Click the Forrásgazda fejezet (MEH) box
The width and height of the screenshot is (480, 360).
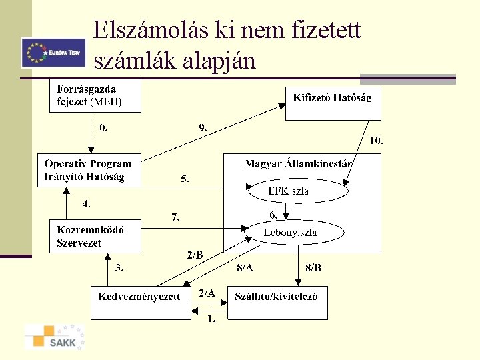pyautogui.click(x=95, y=95)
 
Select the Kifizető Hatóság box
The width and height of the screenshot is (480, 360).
pyautogui.click(x=333, y=103)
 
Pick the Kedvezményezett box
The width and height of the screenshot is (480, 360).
pyautogui.click(x=140, y=302)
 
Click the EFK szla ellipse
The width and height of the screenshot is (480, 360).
pyautogui.click(x=298, y=191)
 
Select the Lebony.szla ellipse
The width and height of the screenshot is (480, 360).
pyautogui.click(x=294, y=232)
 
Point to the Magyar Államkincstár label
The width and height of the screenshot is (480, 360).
pyautogui.click(x=299, y=163)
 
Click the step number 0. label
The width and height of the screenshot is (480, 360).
pyautogui.click(x=103, y=127)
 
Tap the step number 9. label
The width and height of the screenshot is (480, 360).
pyautogui.click(x=203, y=127)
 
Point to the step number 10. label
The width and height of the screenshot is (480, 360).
pyautogui.click(x=377, y=141)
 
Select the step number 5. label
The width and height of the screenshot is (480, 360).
pyautogui.click(x=185, y=179)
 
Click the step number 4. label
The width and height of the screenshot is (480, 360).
pyautogui.click(x=86, y=203)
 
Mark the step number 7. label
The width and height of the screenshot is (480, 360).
pyautogui.click(x=175, y=217)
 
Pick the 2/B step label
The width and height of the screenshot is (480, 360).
pyautogui.click(x=195, y=255)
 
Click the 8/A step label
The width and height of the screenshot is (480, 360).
pyautogui.click(x=245, y=268)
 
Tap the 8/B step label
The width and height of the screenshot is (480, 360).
pyautogui.click(x=313, y=268)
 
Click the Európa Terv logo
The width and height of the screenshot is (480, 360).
pyautogui.click(x=53, y=53)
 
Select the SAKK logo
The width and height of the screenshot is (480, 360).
pyautogui.click(x=55, y=337)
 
